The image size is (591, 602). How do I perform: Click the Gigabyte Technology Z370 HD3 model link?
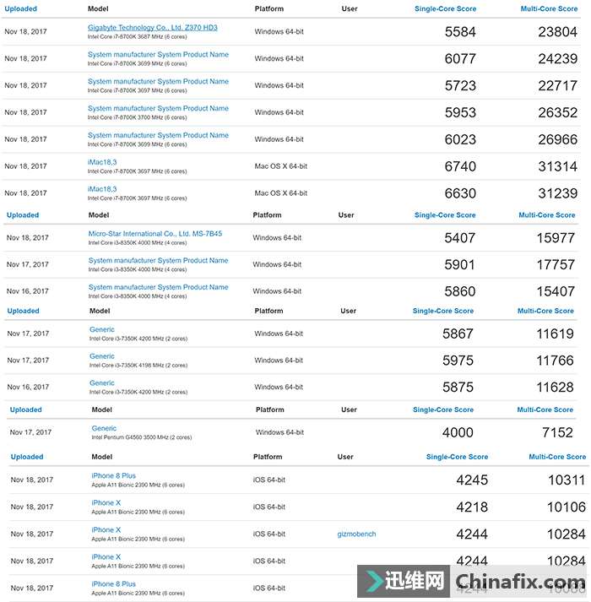(x=152, y=28)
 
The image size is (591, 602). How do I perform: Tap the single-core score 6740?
(x=460, y=167)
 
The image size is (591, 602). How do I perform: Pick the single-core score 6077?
(x=460, y=60)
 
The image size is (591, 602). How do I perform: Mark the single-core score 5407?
(x=460, y=238)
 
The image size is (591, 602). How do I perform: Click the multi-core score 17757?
(x=556, y=265)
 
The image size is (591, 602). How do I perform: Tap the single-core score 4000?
(x=458, y=433)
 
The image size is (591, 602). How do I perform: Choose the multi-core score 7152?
(x=557, y=433)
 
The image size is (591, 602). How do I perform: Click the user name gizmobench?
(x=356, y=534)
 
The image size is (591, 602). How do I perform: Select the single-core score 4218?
(x=473, y=507)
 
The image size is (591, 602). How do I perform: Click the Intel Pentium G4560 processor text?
(x=141, y=438)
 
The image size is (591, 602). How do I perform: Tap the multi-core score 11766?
(x=555, y=361)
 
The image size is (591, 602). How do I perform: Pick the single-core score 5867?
(x=458, y=334)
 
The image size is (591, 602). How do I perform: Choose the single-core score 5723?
(x=460, y=86)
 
